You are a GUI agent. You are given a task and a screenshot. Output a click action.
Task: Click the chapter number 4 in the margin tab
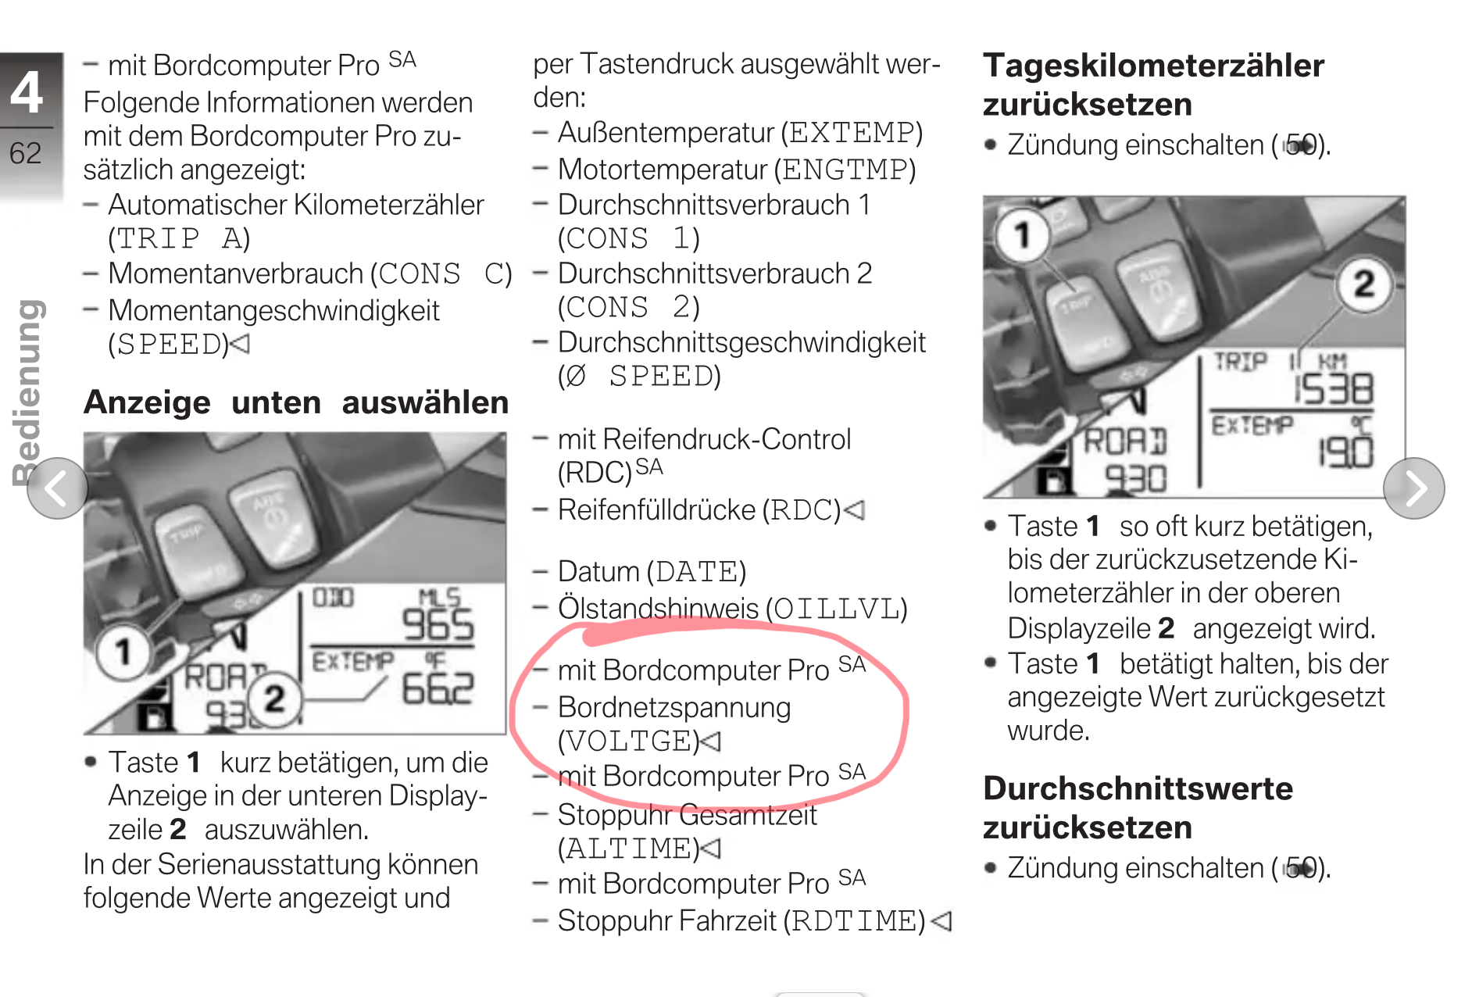coord(27,92)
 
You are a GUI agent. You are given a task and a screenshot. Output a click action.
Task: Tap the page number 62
coord(25,153)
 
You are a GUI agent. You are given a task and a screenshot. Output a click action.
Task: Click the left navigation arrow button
coord(57,488)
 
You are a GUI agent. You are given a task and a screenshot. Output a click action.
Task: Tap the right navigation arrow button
coord(1413,488)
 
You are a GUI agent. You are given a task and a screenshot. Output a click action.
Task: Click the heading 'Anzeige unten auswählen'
coord(296,402)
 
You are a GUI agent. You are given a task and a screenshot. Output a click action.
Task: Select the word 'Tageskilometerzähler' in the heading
coord(1153,66)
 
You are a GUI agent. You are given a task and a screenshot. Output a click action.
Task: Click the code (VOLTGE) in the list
coord(629,741)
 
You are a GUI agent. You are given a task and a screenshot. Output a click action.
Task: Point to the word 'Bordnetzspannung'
coord(674,708)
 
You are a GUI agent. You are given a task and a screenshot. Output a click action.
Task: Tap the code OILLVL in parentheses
coord(837,609)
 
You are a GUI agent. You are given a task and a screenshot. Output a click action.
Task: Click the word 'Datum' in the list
coord(598,572)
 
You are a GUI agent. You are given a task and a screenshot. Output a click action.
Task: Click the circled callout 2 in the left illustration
coord(273,699)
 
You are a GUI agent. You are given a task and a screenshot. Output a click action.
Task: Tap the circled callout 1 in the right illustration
coord(1021,235)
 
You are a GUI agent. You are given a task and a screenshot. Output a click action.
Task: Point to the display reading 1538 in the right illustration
coord(1334,389)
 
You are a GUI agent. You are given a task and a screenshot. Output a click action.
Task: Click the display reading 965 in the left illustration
coord(438,625)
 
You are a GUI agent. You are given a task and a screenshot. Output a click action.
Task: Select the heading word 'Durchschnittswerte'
coord(1138,788)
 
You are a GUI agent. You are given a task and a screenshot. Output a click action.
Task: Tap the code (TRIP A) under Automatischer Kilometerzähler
coord(179,238)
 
